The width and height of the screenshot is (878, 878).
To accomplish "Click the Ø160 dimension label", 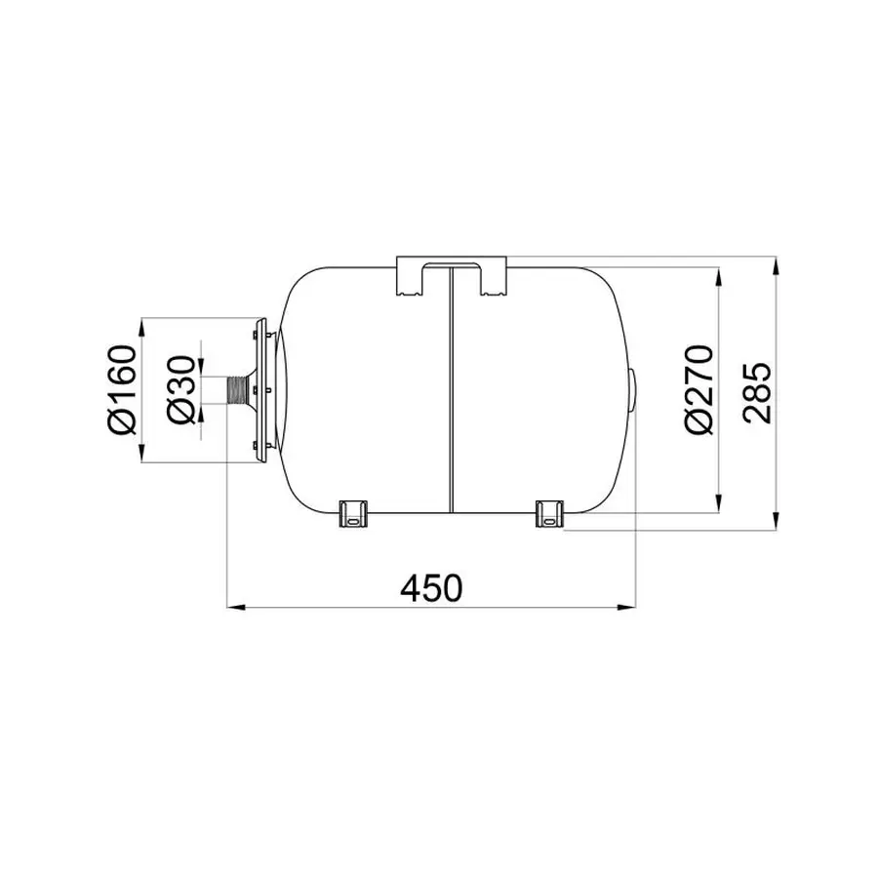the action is tap(122, 389).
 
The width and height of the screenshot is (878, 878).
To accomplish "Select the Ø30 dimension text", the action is tap(181, 389).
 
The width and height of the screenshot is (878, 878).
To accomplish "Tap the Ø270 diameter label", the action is tap(699, 389).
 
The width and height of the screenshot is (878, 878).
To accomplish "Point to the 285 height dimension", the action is tap(758, 392).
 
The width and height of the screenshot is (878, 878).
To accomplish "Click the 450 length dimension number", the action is tap(432, 587).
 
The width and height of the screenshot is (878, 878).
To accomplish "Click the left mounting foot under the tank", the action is tap(353, 514).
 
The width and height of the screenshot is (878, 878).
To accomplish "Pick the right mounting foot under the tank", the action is tap(549, 514).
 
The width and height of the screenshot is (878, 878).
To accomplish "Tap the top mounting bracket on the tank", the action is tap(452, 276).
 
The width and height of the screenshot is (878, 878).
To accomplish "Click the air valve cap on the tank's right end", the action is tap(633, 390).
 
